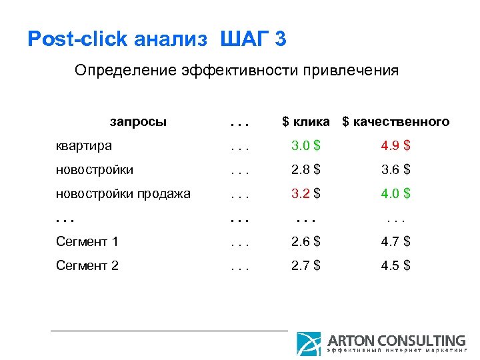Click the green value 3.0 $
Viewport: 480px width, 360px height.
(306, 146)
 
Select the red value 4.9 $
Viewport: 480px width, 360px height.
(395, 146)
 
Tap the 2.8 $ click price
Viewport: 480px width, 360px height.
(306, 170)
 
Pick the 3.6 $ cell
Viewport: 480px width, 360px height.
(395, 170)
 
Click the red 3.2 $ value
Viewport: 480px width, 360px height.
(306, 194)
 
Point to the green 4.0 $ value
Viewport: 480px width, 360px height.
(395, 194)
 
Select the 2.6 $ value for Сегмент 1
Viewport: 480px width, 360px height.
(306, 241)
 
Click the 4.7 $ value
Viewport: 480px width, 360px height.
(395, 241)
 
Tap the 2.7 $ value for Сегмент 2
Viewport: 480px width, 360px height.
(306, 265)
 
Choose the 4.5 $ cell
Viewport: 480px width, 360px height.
(395, 265)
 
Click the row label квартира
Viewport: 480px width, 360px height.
(83, 146)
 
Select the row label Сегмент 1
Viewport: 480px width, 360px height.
(87, 241)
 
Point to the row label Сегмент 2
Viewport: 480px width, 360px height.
(87, 265)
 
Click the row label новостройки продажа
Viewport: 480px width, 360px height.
(123, 194)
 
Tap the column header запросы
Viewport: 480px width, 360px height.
(138, 122)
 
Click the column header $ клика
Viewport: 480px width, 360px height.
(306, 122)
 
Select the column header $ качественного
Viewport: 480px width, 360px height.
(396, 122)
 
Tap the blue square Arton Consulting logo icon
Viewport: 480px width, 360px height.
(309, 343)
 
